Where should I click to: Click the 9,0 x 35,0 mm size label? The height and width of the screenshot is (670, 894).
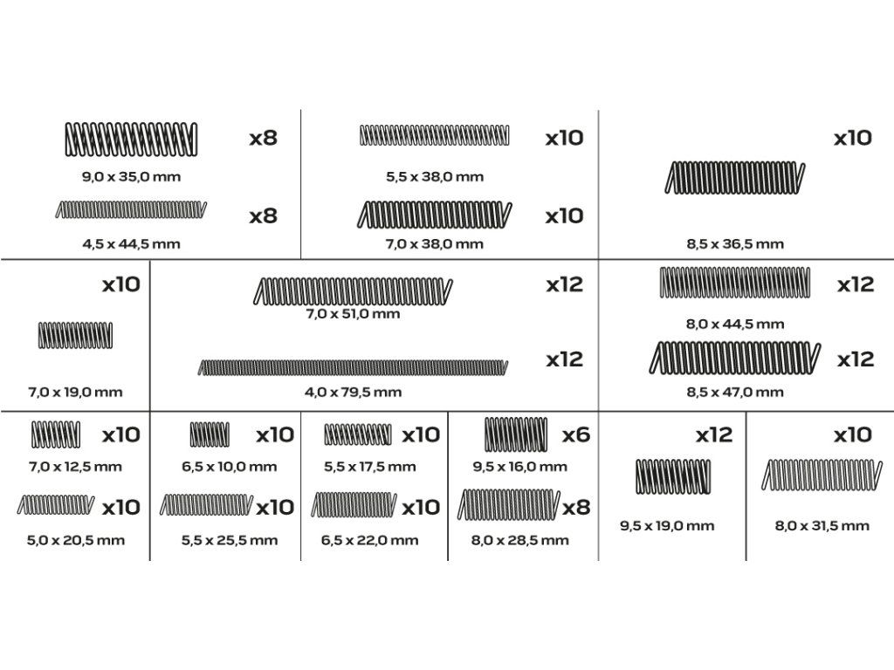point(131,176)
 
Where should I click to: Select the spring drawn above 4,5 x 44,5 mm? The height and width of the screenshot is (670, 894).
point(131,209)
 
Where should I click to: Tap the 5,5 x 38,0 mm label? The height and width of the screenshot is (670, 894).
point(435,176)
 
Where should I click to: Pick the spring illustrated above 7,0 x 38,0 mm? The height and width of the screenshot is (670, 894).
point(435,215)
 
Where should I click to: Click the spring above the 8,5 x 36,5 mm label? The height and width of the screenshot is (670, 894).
point(735,178)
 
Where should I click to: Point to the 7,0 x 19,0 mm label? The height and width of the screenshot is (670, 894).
point(75,392)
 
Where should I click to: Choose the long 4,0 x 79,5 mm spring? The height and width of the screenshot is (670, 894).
point(353,367)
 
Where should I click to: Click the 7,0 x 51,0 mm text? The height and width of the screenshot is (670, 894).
point(353,314)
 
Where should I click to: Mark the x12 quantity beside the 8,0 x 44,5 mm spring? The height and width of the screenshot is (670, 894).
point(856,284)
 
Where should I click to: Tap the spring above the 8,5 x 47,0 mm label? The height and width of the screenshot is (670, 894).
point(735,359)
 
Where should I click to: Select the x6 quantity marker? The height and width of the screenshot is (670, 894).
point(576,435)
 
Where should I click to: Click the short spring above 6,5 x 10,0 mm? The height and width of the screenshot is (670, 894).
point(210,434)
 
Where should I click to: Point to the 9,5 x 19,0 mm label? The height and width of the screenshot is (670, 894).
point(667,526)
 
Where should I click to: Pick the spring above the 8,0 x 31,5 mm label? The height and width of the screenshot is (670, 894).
point(822,475)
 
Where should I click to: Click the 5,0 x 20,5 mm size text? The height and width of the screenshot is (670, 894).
point(76,540)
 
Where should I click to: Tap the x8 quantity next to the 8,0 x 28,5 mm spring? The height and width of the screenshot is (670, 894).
point(576,507)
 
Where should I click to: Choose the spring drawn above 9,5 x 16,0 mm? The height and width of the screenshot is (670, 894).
point(516,434)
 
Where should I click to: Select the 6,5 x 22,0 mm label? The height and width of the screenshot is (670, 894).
point(369,540)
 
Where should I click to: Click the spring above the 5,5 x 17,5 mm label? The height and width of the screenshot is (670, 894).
point(358,434)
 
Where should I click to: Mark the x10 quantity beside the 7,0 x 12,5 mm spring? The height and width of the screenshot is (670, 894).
point(120,435)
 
